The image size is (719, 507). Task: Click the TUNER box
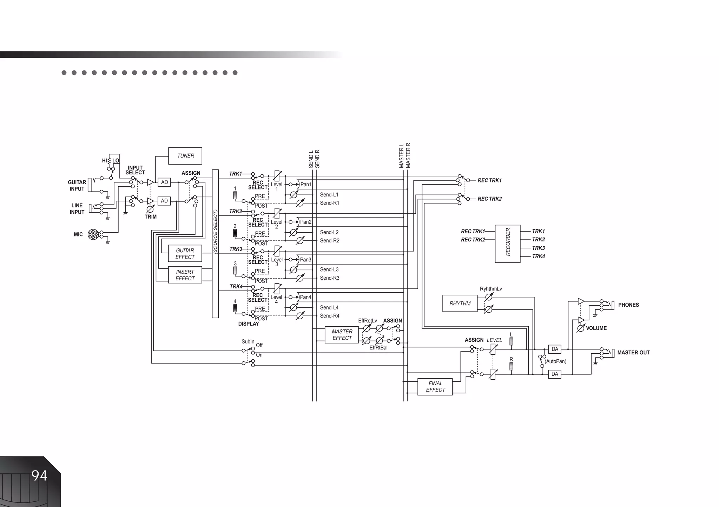[185, 156]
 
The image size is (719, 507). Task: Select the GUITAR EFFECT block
[185, 254]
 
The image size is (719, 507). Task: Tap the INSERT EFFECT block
[185, 275]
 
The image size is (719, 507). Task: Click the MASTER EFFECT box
[342, 335]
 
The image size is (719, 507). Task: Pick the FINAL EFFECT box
[435, 387]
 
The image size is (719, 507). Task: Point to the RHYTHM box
[460, 303]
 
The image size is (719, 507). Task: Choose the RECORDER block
[508, 244]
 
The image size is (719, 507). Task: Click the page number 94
[39, 476]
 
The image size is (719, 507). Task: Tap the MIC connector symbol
[93, 234]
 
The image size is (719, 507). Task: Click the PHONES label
[628, 305]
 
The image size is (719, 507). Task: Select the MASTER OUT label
[633, 353]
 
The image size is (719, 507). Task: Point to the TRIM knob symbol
[150, 209]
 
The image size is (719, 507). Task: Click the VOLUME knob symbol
[581, 328]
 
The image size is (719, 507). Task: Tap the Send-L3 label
[329, 269]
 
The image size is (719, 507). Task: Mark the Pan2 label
[306, 222]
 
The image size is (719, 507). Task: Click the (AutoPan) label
[555, 361]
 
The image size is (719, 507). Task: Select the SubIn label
[248, 342]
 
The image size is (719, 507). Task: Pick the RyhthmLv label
[491, 289]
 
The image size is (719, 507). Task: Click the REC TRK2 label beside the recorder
[473, 240]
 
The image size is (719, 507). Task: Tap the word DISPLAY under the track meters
[249, 324]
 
